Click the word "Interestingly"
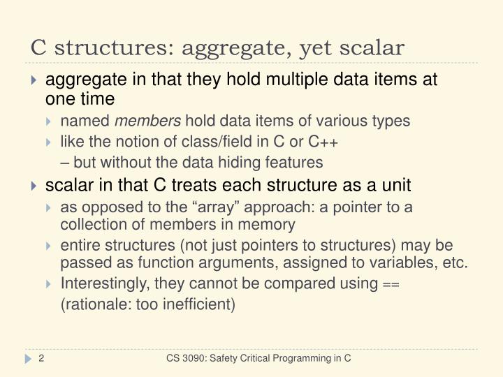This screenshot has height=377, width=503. point(104,283)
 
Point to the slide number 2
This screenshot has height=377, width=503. point(42,358)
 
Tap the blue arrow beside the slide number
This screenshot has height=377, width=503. point(29,358)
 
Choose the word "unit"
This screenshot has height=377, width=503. point(397,186)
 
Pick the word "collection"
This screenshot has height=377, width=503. point(91,225)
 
